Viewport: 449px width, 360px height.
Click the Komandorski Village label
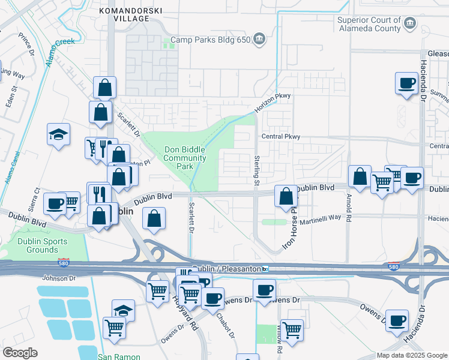(x=124, y=14)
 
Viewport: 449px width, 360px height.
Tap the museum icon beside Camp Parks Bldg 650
(x=259, y=40)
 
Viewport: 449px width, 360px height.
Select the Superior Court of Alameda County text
(x=368, y=24)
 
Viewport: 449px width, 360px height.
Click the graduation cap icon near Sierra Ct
(x=59, y=134)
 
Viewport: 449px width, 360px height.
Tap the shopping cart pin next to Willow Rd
(x=291, y=329)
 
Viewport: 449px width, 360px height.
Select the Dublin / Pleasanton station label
(x=229, y=268)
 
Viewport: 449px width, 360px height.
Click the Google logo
(x=20, y=353)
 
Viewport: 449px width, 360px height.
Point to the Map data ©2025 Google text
(x=412, y=355)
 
